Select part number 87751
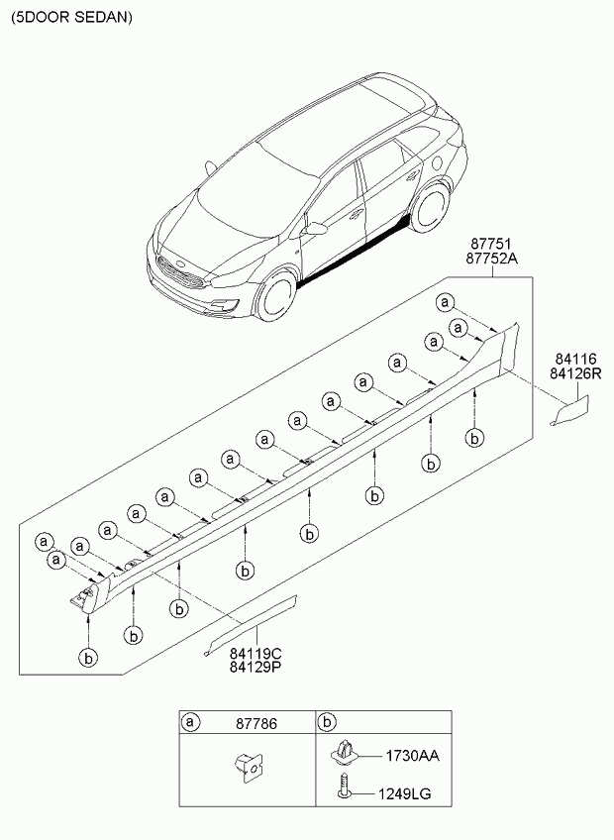[x=492, y=244]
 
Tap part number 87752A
[x=492, y=259]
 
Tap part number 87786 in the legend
[x=256, y=724]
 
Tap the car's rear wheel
[x=430, y=210]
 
